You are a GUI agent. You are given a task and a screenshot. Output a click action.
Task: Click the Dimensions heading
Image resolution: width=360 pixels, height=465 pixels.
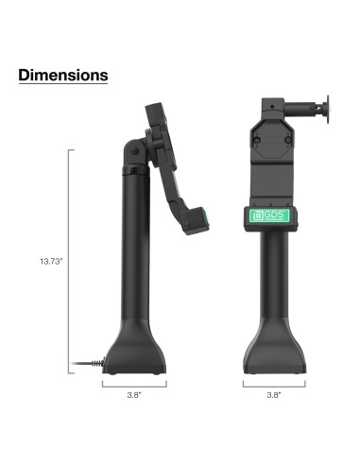tap(63, 74)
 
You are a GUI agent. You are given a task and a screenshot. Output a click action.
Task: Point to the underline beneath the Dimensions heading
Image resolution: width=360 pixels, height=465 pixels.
tap(63, 84)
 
